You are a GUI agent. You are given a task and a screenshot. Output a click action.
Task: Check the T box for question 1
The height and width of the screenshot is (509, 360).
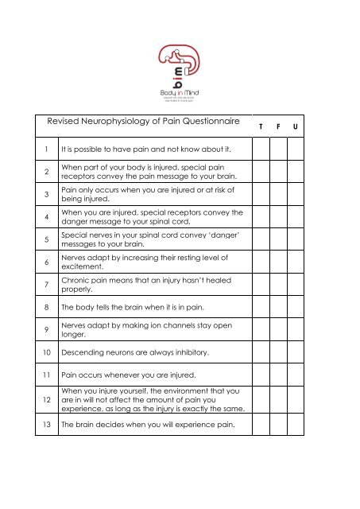coord(261,149)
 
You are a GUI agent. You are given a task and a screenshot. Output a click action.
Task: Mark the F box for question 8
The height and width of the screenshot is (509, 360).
coord(279,327)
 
